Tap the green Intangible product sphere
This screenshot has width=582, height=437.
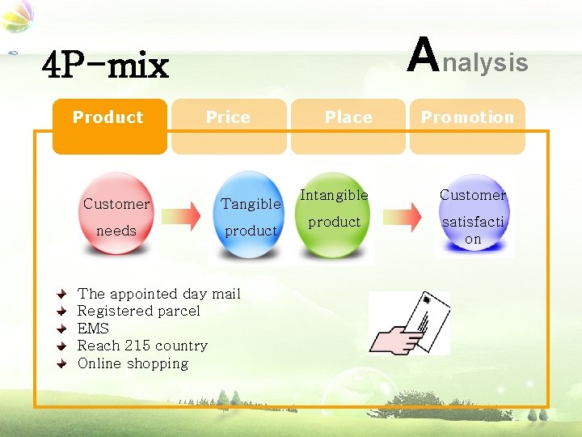point(334,214)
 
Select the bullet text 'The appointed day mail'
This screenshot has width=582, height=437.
point(158,294)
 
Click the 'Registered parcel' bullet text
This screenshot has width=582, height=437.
point(138,311)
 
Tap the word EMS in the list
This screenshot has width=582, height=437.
point(93,329)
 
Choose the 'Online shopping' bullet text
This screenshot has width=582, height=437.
point(133,363)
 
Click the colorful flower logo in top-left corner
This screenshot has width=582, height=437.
point(18,18)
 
